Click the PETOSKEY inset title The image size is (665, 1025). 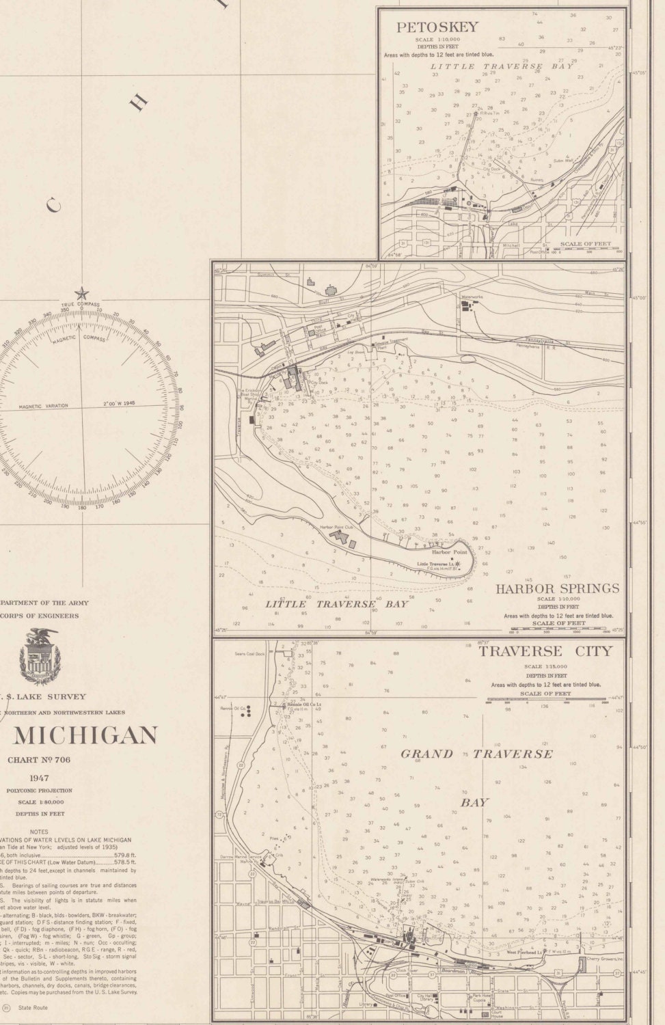(437, 28)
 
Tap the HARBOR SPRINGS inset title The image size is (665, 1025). (557, 588)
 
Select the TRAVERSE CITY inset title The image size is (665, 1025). (545, 651)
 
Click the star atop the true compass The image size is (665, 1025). (81, 295)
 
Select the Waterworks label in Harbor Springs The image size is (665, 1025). (472, 297)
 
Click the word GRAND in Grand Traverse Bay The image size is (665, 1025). (426, 754)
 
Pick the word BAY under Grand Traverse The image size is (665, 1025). (474, 802)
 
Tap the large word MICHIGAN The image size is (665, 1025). (85, 735)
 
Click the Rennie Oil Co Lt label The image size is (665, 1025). (304, 704)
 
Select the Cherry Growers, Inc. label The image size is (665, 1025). (603, 959)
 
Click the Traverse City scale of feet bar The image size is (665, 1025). (546, 700)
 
